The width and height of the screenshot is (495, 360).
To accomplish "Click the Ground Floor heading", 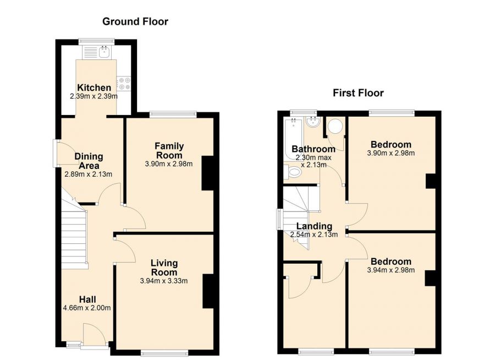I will [x=135, y=21].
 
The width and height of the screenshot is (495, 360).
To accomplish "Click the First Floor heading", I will [x=358, y=92].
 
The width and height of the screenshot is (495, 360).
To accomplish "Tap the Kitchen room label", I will [x=94, y=88].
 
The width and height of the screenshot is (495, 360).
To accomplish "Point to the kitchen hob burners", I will [x=123, y=83].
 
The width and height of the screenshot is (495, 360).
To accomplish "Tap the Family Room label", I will [x=169, y=150].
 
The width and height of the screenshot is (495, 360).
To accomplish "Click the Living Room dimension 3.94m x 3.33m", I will [x=164, y=281].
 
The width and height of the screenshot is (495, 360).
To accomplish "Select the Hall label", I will [x=87, y=299].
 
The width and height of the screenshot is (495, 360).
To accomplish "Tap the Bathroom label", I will [x=313, y=149].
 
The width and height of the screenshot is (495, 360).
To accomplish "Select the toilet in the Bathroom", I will [x=294, y=173].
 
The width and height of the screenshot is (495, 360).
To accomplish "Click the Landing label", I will [x=314, y=226].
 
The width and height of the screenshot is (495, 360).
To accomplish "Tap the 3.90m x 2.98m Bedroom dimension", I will [x=391, y=154].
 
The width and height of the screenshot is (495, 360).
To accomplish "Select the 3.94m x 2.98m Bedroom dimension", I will [x=391, y=270].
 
